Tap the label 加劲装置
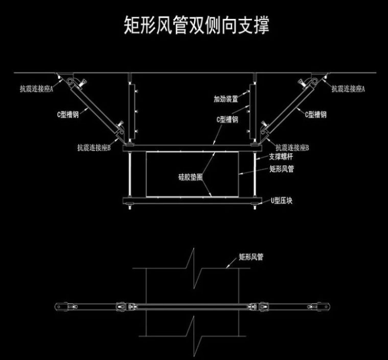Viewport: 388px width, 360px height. click(x=226, y=98)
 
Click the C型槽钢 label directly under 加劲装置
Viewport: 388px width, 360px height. click(x=227, y=120)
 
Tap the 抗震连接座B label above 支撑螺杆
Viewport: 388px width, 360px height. click(x=292, y=147)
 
